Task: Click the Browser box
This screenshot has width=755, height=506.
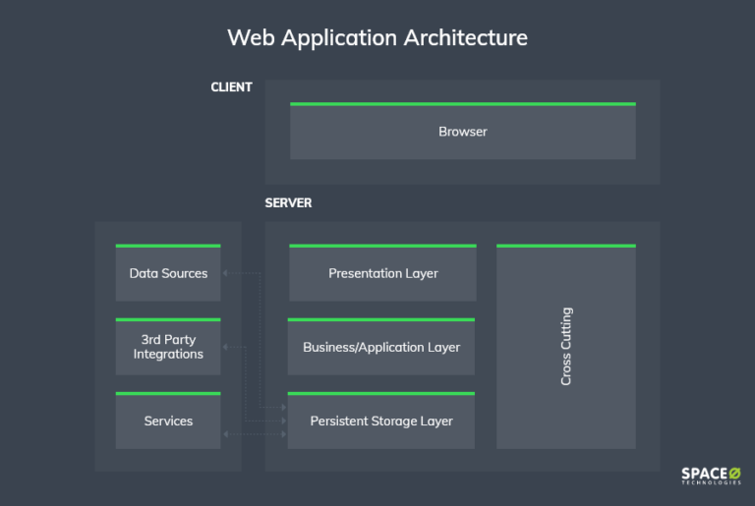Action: pyautogui.click(x=462, y=132)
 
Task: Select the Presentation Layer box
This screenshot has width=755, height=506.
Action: pyautogui.click(x=382, y=273)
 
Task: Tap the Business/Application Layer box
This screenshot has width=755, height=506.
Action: pyautogui.click(x=381, y=347)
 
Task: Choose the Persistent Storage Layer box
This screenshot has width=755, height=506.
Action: pyautogui.click(x=381, y=421)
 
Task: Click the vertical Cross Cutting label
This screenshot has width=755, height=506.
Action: pyautogui.click(x=566, y=347)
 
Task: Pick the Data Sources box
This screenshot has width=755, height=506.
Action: pyautogui.click(x=168, y=273)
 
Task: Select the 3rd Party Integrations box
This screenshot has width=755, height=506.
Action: pyautogui.click(x=168, y=347)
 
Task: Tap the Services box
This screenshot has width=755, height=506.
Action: pyautogui.click(x=168, y=421)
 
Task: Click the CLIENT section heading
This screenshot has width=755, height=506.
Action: pyautogui.click(x=231, y=87)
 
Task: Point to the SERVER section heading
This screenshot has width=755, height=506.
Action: pyautogui.click(x=288, y=203)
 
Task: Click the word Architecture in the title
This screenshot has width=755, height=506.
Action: pyautogui.click(x=466, y=38)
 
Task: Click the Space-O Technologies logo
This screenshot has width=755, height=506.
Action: pyautogui.click(x=711, y=477)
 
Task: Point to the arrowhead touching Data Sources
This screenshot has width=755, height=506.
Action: pyautogui.click(x=226, y=273)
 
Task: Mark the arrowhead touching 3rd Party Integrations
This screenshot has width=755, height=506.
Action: pyautogui.click(x=226, y=347)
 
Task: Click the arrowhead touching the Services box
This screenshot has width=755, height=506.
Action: pyautogui.click(x=226, y=433)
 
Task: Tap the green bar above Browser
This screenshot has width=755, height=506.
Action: pyautogui.click(x=462, y=103)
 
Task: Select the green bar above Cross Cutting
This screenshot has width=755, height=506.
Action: pyautogui.click(x=566, y=246)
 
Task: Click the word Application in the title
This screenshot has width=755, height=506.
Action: pyautogui.click(x=338, y=38)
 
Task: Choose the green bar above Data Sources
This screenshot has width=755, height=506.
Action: pyautogui.click(x=168, y=246)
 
